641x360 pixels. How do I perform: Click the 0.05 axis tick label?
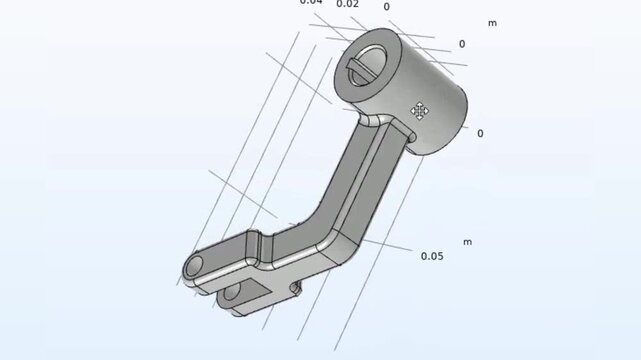point(432,256)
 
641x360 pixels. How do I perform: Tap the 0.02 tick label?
point(347,4)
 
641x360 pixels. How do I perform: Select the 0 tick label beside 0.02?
point(387,6)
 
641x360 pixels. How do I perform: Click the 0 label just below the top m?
point(461,44)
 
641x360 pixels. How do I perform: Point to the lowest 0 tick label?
point(480,133)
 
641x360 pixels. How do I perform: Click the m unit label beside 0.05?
point(467,242)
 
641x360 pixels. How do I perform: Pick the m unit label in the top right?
point(492,22)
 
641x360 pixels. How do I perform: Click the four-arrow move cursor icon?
point(420,110)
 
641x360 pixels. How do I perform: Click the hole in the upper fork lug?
point(194,267)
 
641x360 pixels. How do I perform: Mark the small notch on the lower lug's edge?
point(295,288)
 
